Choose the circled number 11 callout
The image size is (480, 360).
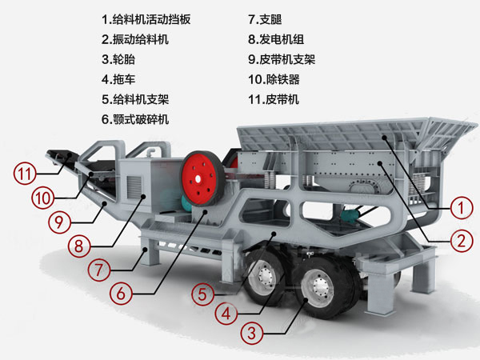tap(25, 170)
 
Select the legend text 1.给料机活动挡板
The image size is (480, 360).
tap(146, 18)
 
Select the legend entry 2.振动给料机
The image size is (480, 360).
tap(135, 38)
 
